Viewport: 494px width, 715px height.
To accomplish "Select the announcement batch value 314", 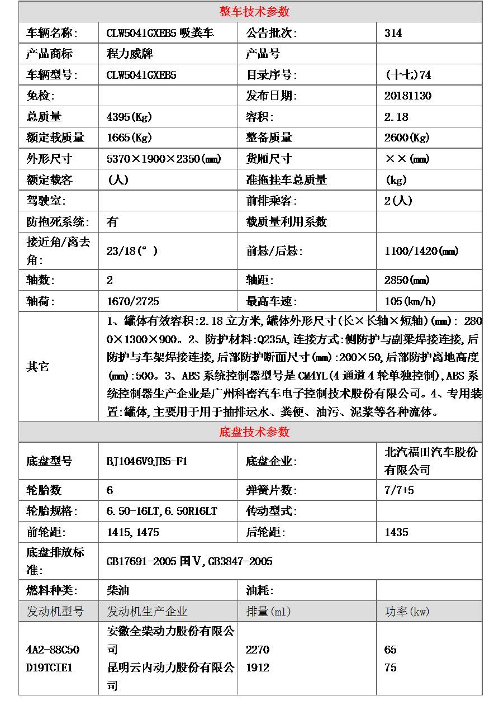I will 393,33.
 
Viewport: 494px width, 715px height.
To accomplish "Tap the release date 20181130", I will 408,96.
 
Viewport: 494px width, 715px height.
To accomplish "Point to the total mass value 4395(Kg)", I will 129,117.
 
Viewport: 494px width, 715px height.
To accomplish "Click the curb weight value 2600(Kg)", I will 407,138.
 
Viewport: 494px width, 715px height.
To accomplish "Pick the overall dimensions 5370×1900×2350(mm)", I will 164,159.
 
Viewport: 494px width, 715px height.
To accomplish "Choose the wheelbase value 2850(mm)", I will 407,280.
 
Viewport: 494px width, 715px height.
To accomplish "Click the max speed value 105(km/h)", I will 410,301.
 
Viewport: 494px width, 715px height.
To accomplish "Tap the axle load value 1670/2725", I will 132,301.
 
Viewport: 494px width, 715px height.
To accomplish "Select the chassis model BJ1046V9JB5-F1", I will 147,461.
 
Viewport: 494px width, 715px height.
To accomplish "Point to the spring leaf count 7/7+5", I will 399,490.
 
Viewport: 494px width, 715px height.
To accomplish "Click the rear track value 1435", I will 396,532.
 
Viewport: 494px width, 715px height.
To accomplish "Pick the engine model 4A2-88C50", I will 53,650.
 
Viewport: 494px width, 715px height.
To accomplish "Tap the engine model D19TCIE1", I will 49,667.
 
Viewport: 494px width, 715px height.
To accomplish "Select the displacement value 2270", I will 257,650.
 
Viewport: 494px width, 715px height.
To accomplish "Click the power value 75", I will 390,667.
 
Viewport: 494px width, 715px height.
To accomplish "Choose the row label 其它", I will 38,367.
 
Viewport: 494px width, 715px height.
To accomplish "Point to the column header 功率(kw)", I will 407,612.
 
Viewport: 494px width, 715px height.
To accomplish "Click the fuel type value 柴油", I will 118,590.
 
